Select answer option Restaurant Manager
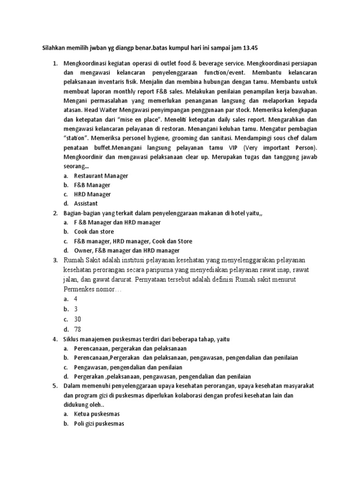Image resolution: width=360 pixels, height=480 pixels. pos(101,176)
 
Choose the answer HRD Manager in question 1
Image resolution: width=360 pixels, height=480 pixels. pos(92,194)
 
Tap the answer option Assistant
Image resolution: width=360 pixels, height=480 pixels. pos(86,203)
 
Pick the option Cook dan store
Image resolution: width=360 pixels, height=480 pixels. pos(94,232)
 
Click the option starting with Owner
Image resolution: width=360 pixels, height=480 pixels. pos(127,250)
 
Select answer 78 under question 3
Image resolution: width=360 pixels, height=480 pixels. pos(78,329)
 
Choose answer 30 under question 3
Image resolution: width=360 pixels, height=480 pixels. pos(78,319)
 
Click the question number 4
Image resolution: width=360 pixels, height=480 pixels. pos(55,339)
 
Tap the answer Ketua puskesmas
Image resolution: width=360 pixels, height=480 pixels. pos(97,414)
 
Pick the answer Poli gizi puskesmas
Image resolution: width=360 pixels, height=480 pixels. pos(98,424)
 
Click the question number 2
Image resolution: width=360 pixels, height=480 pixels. pos(55,213)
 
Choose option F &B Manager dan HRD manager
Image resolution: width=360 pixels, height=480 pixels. pos(117,222)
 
